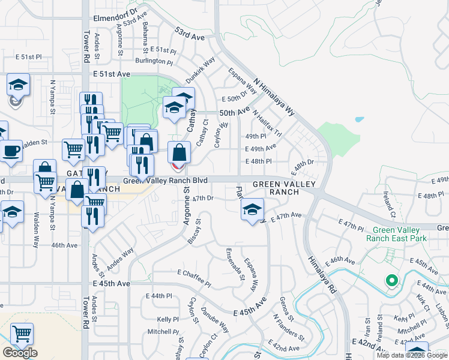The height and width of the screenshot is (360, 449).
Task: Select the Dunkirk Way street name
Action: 200,70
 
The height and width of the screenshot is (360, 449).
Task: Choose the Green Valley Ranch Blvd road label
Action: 166,181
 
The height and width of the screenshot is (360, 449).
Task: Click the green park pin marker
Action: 391,280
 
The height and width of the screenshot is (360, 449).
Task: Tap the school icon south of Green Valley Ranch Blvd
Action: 253,209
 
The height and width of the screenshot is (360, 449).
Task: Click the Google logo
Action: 20,353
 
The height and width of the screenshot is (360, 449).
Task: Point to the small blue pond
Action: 360,119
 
